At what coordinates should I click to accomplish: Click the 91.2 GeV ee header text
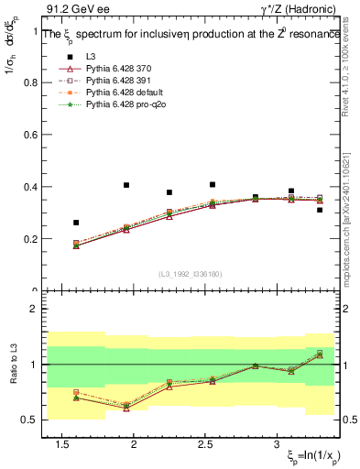coord(71,8)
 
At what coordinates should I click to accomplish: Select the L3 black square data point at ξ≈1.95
coord(126,185)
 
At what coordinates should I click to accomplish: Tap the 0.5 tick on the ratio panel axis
coord(29,420)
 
